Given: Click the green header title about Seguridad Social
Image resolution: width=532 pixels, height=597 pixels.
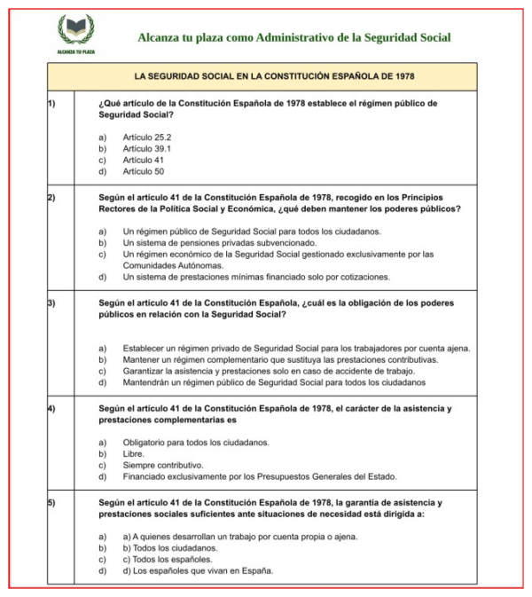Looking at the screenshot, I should (293, 37).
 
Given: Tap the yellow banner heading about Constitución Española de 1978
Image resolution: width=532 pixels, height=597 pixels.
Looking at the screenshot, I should (269, 76).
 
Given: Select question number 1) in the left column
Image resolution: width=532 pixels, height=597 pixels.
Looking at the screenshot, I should (51, 103).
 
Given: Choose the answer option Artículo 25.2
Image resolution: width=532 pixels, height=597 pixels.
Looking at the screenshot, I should (147, 137).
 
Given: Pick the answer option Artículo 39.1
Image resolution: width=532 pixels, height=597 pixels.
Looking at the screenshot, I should (147, 148).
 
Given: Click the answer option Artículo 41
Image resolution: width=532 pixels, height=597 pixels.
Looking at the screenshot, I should (143, 160).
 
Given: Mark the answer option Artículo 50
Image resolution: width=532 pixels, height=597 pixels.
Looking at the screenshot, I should (143, 171).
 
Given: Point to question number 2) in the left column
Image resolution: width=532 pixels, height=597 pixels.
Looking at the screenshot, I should (51, 196).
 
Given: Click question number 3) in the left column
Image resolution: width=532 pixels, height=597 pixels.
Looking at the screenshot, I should (51, 302).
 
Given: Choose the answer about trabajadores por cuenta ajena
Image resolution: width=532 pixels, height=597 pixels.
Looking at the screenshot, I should (296, 348).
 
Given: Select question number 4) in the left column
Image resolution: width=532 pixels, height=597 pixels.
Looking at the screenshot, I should (51, 408).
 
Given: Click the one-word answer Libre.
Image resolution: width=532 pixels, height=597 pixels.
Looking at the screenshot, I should (134, 453).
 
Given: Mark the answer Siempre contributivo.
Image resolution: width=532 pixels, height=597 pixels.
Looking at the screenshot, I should (163, 465).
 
